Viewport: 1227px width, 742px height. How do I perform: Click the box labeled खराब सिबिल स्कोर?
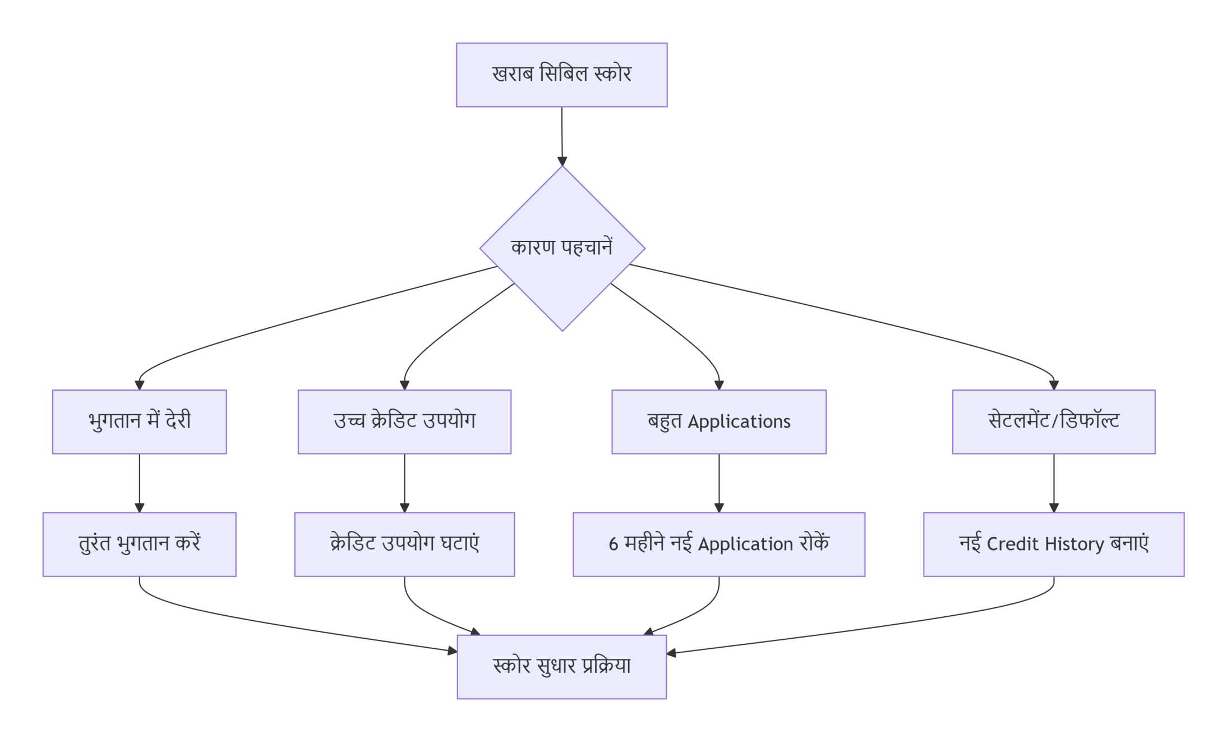[561, 75]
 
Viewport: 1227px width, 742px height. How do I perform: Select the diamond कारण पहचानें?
[562, 248]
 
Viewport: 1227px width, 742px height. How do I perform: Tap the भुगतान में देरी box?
[139, 422]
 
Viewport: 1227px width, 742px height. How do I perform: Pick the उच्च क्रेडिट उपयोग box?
[404, 422]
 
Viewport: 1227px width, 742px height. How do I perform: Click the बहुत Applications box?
[718, 422]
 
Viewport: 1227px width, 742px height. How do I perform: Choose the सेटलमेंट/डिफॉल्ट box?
[1053, 422]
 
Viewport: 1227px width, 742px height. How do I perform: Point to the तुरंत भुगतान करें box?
[139, 544]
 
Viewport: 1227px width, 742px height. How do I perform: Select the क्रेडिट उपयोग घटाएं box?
[404, 544]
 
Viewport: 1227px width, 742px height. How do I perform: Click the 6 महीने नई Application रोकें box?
[718, 544]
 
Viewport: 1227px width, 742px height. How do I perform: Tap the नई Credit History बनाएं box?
[1053, 544]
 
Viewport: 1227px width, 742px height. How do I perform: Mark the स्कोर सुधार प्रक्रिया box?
[561, 666]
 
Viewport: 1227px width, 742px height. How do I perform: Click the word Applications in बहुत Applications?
[739, 422]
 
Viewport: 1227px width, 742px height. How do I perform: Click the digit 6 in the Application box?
[613, 544]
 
